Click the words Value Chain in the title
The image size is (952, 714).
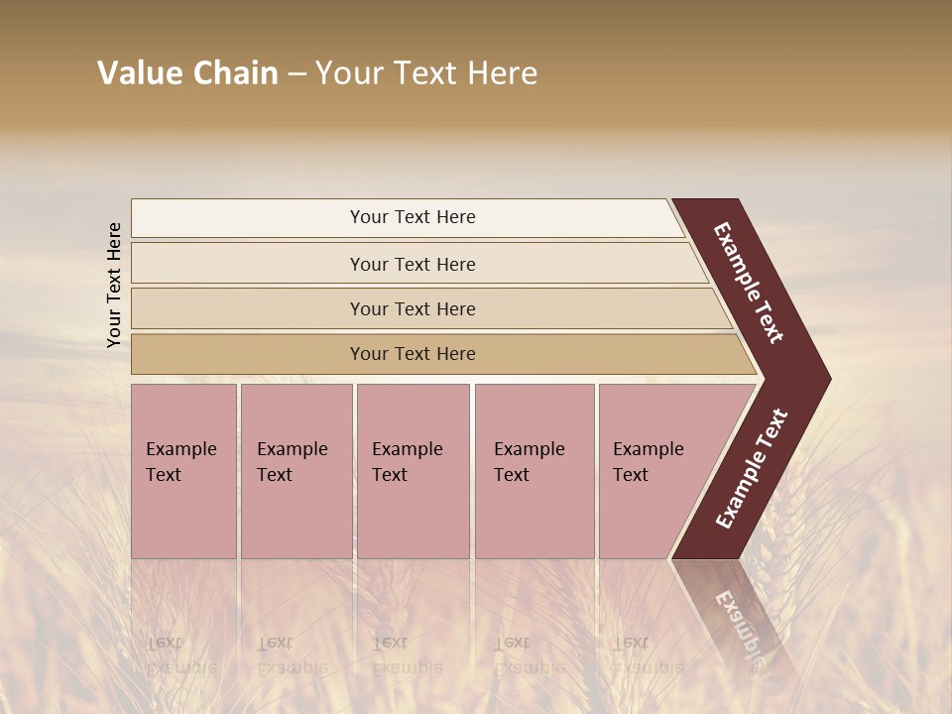(x=187, y=73)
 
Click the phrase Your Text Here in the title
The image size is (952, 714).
(x=426, y=73)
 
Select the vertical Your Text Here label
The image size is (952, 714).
(x=115, y=285)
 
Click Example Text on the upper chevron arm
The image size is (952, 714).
(x=749, y=283)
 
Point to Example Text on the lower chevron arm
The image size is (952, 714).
(x=752, y=469)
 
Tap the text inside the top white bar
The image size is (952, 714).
(x=413, y=217)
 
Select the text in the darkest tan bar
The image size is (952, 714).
(x=413, y=354)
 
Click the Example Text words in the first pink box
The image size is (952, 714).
(x=180, y=461)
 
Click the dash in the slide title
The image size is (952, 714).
(x=297, y=74)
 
